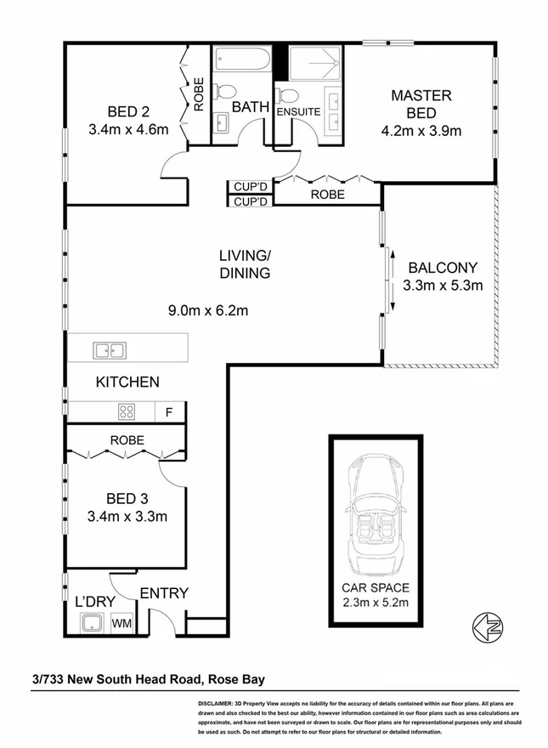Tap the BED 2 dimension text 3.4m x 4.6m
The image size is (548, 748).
pos(127,130)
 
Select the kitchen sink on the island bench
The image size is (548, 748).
pos(110,349)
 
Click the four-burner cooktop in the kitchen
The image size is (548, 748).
pos(127,412)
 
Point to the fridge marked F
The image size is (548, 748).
pos(169,413)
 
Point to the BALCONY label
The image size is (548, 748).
pos(442,266)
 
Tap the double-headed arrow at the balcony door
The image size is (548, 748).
pos(393,280)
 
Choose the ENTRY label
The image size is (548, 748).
pos(163,593)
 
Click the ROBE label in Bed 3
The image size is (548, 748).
pos(126,440)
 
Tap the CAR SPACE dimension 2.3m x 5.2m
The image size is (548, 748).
pos(375,603)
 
